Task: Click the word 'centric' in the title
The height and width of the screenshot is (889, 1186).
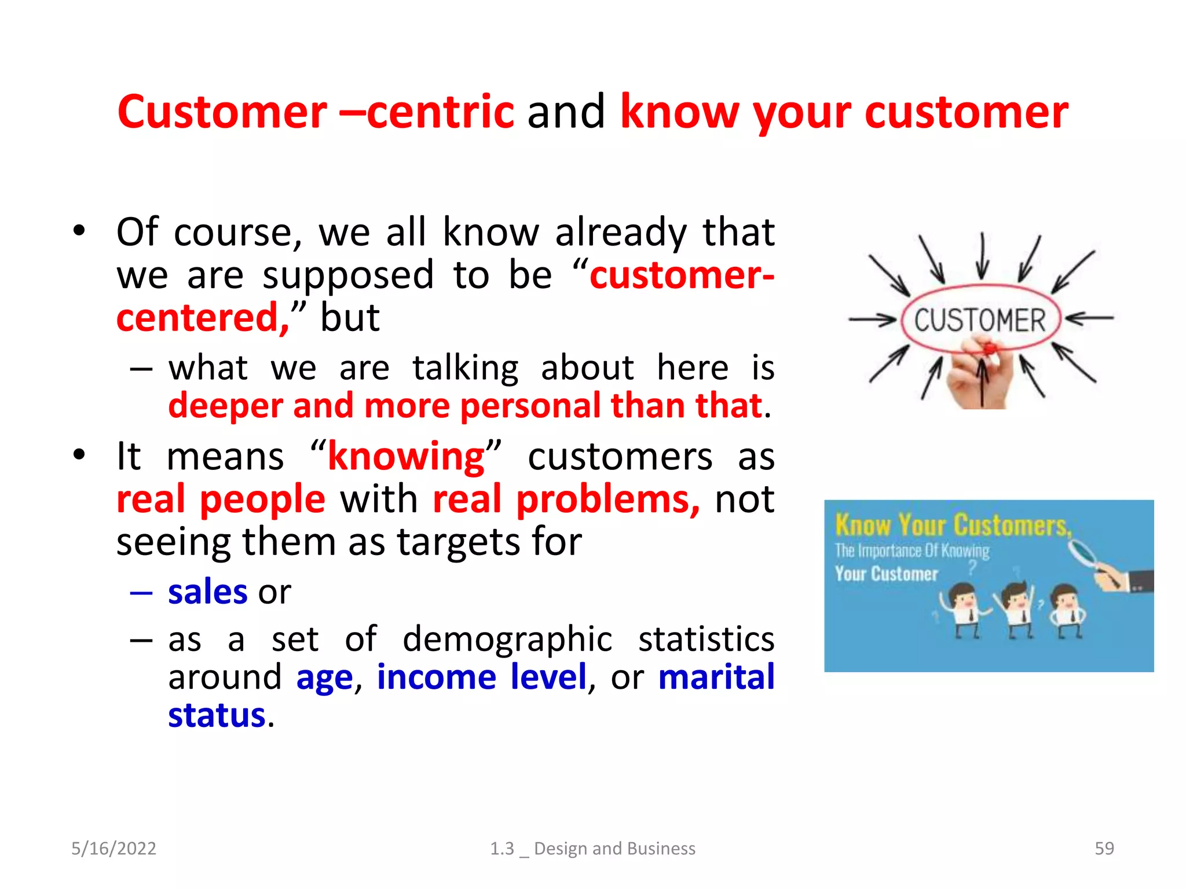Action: click(440, 112)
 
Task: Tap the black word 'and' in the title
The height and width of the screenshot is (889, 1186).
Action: click(566, 112)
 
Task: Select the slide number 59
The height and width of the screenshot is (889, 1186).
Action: click(1104, 848)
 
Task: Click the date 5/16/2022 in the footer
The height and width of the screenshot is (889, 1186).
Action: click(114, 848)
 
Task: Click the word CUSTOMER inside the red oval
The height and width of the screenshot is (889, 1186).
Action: click(980, 320)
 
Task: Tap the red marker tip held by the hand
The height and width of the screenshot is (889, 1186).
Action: click(989, 348)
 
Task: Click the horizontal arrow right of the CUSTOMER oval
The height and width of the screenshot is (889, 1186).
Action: click(1089, 318)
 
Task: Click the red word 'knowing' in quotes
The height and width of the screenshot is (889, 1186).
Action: click(406, 457)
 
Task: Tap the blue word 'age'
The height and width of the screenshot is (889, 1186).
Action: click(324, 677)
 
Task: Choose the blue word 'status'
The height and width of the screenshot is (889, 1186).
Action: click(217, 715)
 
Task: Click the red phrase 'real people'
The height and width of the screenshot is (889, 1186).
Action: click(221, 499)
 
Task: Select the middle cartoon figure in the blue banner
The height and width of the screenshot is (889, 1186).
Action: click(1016, 611)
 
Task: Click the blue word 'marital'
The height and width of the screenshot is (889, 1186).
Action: click(716, 677)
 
